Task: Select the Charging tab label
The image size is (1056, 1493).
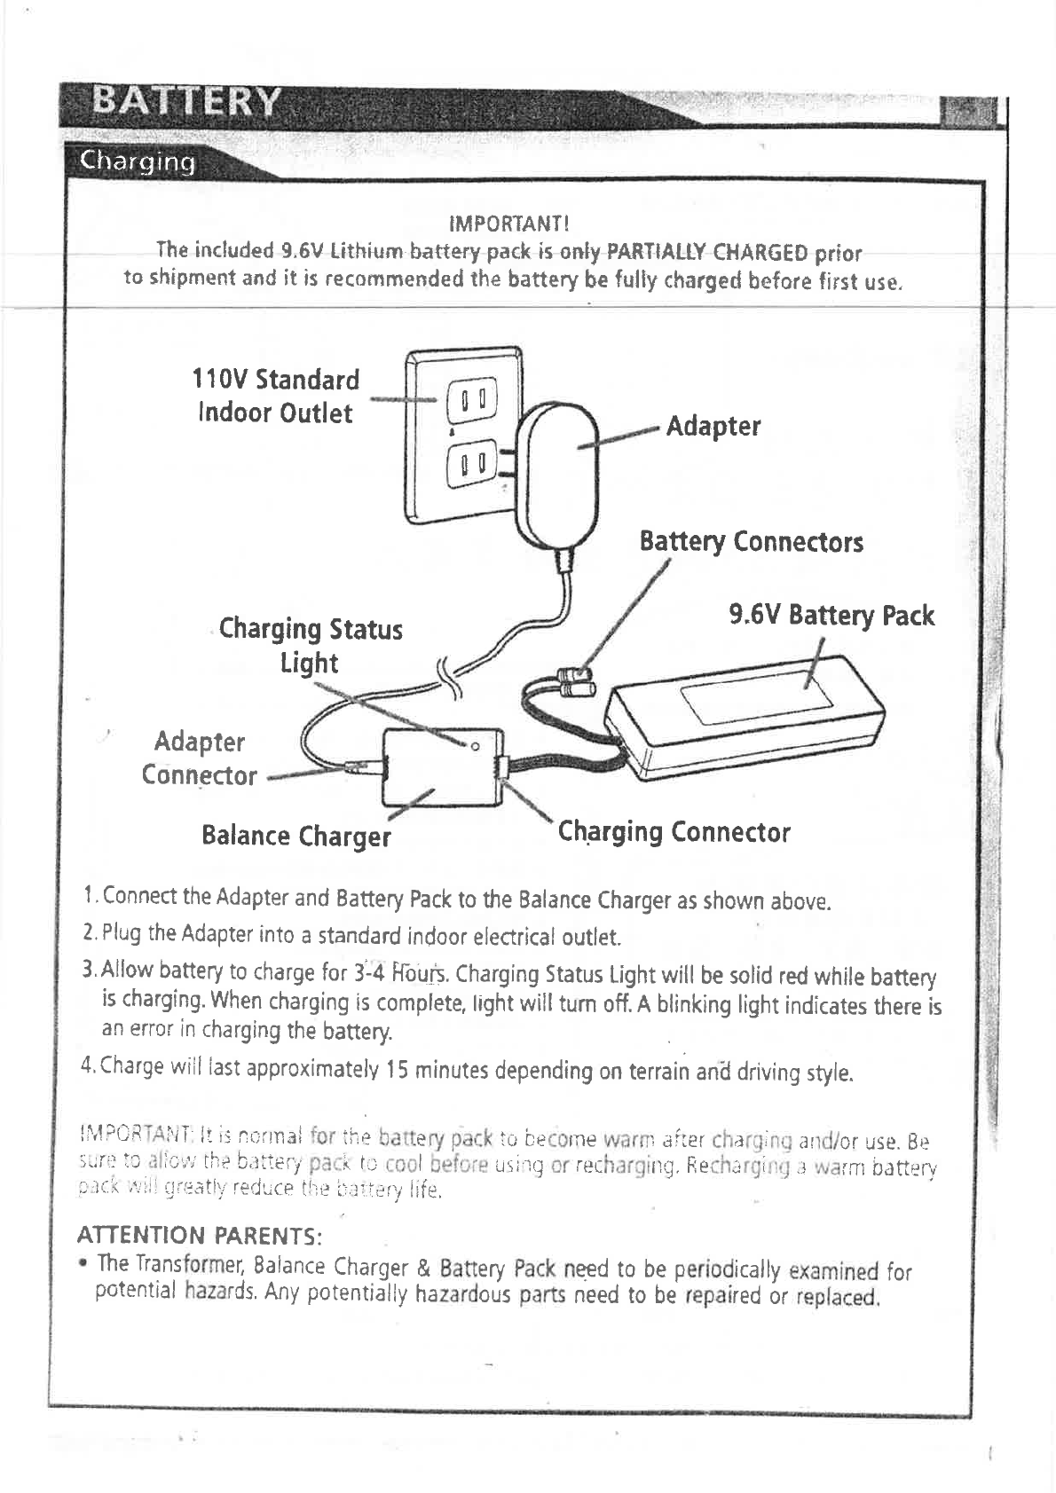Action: click(x=138, y=162)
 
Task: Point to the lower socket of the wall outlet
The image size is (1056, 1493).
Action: click(x=469, y=464)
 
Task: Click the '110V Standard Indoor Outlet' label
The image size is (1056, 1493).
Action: click(x=276, y=397)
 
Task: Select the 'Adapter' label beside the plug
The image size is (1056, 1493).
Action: click(x=713, y=426)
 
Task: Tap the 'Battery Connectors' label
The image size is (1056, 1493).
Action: click(x=751, y=541)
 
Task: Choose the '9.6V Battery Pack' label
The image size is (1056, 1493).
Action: click(x=831, y=615)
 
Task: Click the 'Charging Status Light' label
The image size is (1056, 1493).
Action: click(x=311, y=645)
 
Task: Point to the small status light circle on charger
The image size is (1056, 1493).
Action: click(x=476, y=745)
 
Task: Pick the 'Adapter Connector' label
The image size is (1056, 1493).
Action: click(x=199, y=758)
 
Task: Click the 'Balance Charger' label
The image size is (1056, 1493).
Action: click(x=296, y=836)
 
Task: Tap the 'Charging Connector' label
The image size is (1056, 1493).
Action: click(x=674, y=832)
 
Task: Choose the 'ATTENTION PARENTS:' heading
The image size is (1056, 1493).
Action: click(x=200, y=1236)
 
